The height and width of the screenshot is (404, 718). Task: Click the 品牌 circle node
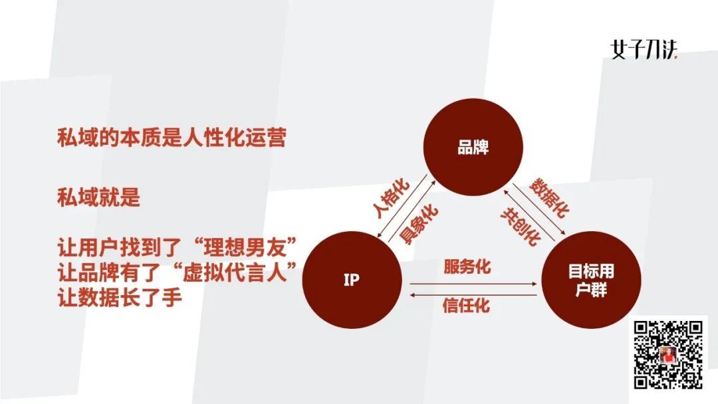click(x=473, y=147)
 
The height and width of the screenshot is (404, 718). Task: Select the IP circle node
click(x=352, y=280)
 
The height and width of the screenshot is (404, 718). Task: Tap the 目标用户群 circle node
click(x=591, y=280)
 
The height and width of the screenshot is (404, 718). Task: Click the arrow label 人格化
click(x=392, y=199)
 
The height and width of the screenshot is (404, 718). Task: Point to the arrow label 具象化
click(x=419, y=224)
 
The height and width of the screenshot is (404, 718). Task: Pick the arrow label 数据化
click(x=549, y=197)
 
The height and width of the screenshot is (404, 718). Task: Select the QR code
click(x=668, y=353)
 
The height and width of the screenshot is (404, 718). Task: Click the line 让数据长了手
click(x=120, y=297)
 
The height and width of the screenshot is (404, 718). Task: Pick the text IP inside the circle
click(x=352, y=280)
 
